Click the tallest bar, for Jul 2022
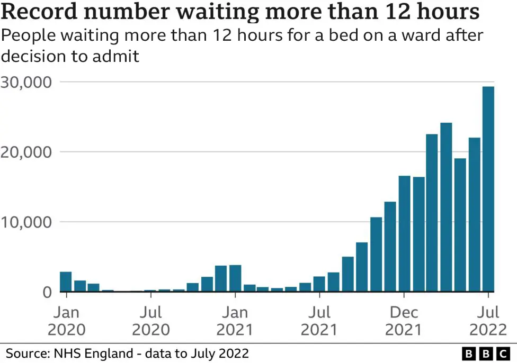tap(488, 189)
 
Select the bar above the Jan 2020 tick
tap(66, 282)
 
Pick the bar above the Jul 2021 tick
tap(319, 284)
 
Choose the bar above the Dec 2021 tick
tap(404, 233)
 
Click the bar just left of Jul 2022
tap(474, 214)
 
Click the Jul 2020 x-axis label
tap(151, 321)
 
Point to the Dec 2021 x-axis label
tap(404, 321)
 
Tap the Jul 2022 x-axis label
tap(488, 321)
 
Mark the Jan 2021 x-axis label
tap(235, 321)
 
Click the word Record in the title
tap(40, 12)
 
